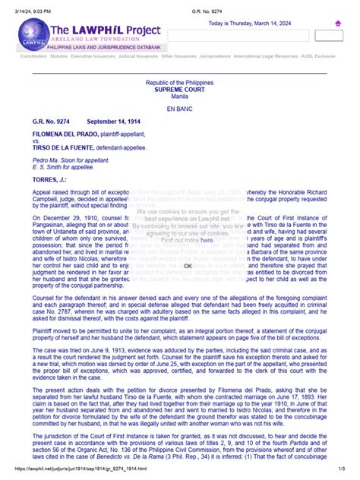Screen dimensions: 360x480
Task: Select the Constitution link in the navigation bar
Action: pos(33,56)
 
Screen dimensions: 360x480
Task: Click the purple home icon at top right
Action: pos(337,24)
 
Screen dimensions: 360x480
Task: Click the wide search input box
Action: pos(250,36)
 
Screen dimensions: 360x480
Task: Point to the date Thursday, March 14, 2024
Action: pos(258,23)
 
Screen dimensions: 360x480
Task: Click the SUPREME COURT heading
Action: pos(179,89)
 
